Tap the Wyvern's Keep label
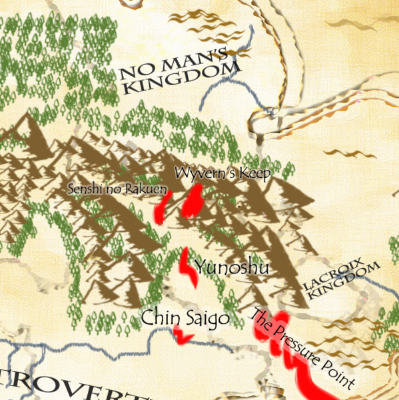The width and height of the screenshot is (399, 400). (222, 174)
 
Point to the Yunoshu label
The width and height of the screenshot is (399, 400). (232, 268)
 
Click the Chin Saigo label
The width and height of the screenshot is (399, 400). (185, 319)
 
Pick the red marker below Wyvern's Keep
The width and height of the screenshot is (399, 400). (192, 202)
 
